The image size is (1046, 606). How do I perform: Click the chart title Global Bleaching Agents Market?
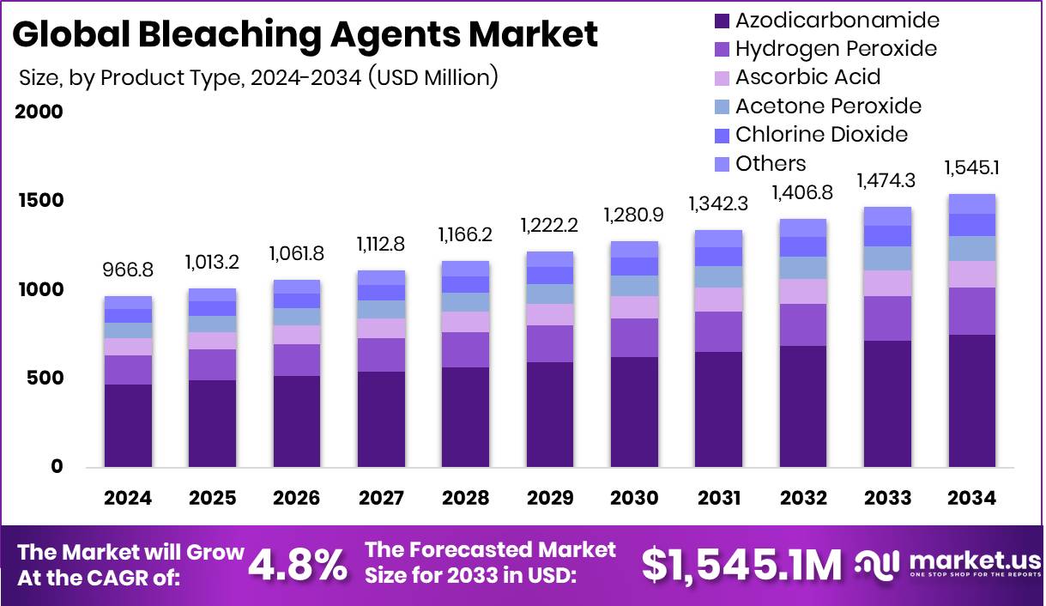305,34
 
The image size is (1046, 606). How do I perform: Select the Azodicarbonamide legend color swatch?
722,21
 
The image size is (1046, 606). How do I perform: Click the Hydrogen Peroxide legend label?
836,49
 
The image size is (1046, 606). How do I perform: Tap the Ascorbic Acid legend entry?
807,77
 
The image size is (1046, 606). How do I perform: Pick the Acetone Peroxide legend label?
828,106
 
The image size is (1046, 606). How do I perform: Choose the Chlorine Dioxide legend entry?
821,135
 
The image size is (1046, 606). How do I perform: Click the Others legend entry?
771,164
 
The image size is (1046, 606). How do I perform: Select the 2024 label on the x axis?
128,499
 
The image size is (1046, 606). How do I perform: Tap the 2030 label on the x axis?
634,499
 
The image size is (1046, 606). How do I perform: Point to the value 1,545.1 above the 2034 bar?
971,167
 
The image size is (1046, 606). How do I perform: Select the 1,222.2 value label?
550,225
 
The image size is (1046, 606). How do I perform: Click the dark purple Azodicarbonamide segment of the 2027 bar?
381,419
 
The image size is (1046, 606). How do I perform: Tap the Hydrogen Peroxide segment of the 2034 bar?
971,311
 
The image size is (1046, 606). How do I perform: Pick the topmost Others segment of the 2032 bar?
803,227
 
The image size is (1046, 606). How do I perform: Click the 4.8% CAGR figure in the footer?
298,565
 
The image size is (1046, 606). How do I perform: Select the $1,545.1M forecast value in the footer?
742,565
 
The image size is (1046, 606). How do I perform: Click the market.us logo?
949,565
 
